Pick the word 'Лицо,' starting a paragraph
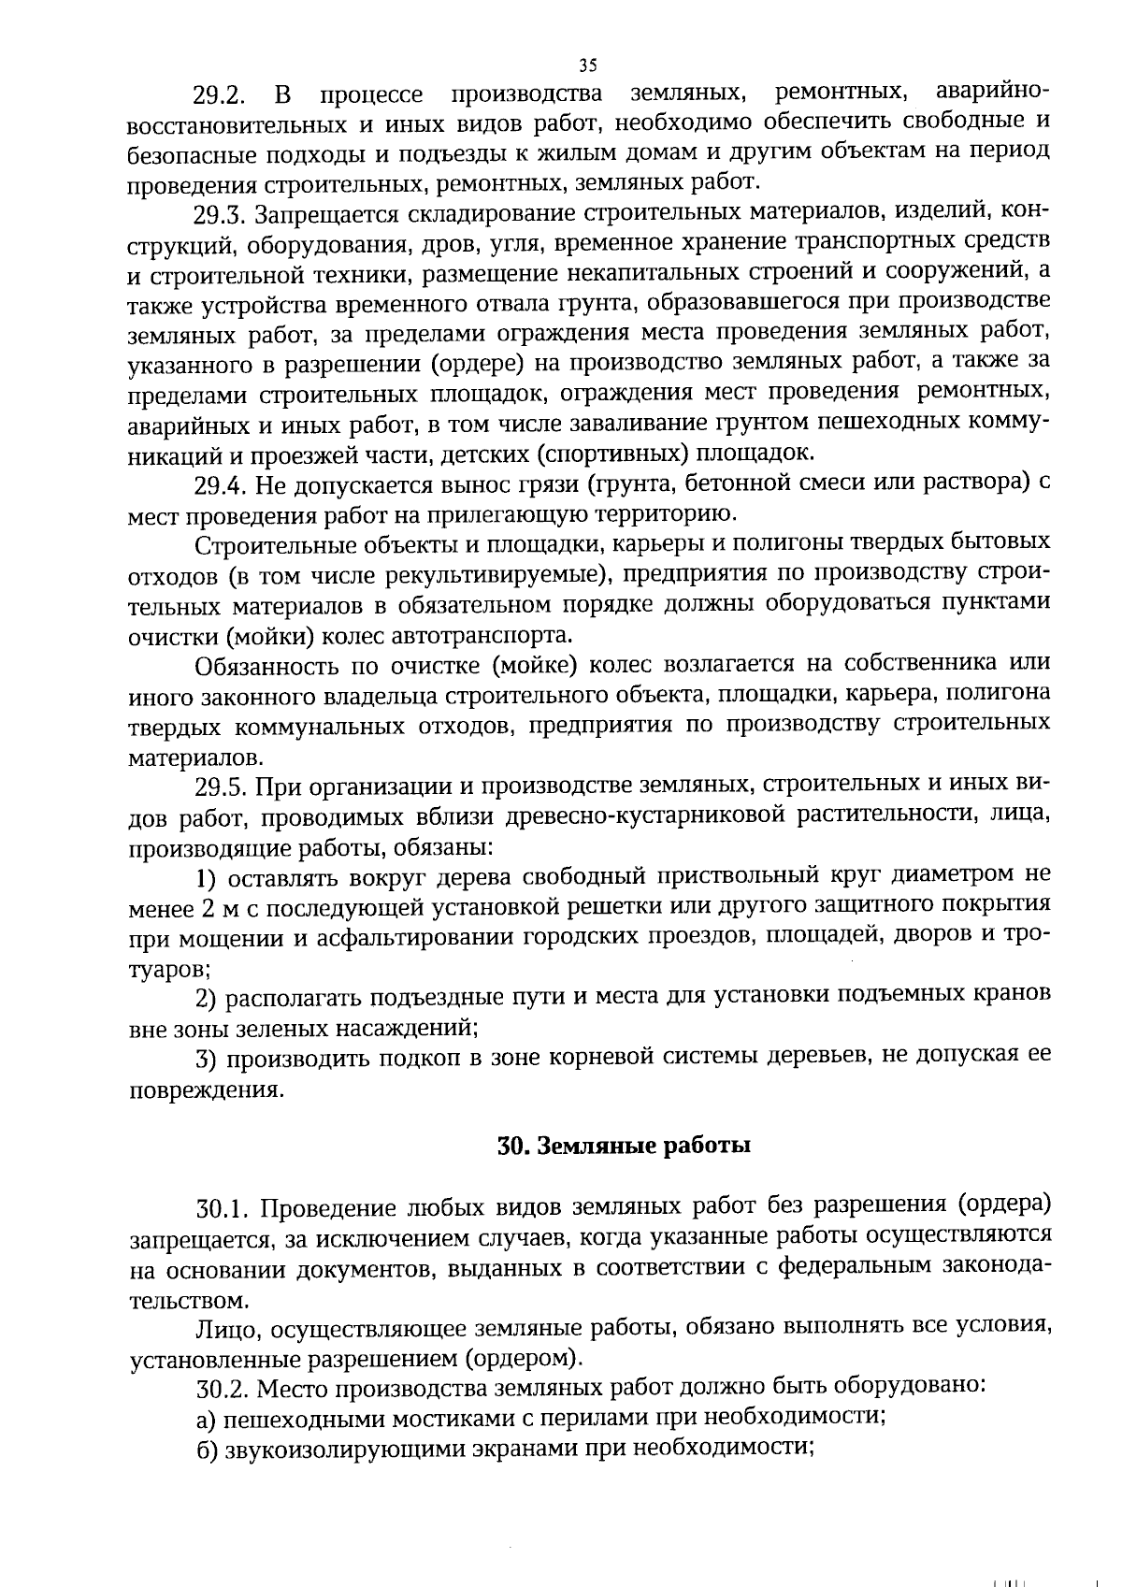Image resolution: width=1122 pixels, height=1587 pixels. [226, 1329]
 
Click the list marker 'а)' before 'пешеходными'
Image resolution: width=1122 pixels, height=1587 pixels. [206, 1419]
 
